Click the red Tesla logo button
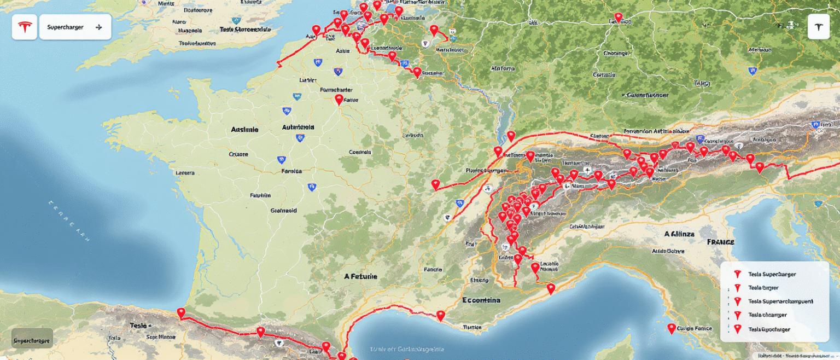25,27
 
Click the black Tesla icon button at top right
818,27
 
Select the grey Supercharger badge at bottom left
32,340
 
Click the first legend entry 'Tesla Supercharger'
772,274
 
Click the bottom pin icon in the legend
737,329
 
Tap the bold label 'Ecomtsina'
481,300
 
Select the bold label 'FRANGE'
720,242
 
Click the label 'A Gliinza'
679,234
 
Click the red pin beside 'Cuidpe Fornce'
671,329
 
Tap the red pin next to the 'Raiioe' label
339,100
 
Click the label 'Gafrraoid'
283,210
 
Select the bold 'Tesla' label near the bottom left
138,326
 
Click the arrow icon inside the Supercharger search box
99,27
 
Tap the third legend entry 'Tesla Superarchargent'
780,301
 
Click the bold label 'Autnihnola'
298,127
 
